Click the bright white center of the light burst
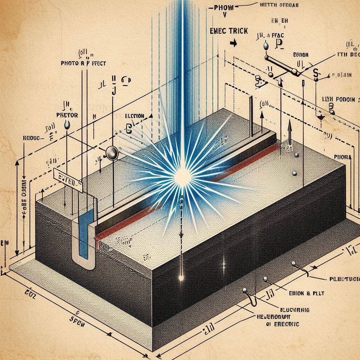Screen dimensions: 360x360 pyautogui.click(x=183, y=175)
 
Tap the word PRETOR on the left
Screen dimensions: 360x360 pyautogui.click(x=67, y=115)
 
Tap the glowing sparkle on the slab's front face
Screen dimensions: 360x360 pyautogui.click(x=181, y=278)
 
